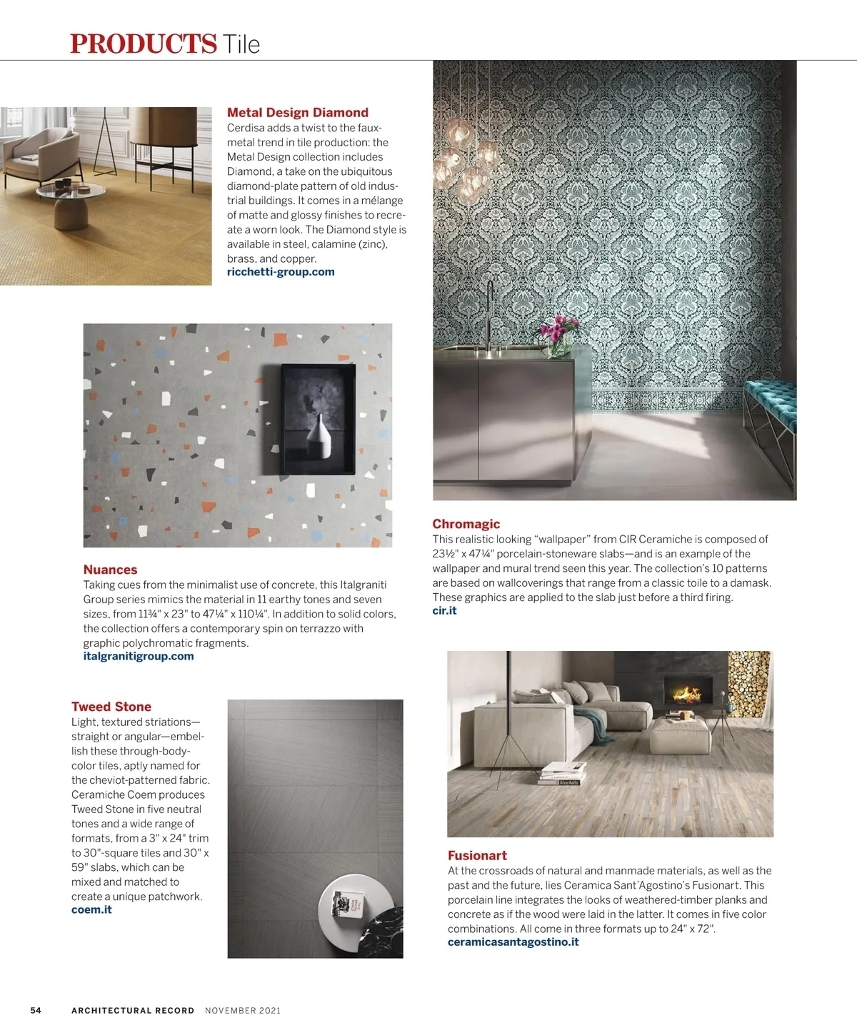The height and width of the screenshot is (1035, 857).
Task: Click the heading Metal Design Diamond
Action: point(297,112)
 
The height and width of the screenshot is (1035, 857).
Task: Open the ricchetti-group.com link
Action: point(281,272)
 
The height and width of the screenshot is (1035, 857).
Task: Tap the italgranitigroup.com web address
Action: point(139,656)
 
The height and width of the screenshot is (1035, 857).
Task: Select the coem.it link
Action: point(91,909)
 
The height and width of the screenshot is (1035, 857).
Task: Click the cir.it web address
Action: point(444,610)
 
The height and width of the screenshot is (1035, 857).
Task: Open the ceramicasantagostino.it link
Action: point(513,941)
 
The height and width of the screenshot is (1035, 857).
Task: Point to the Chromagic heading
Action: point(466,524)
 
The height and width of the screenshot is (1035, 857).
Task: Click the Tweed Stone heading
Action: point(111,707)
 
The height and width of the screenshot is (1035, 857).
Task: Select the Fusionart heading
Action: point(477,855)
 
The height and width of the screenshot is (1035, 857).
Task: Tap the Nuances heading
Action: point(110,570)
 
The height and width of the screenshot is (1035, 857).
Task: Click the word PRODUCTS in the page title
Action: point(143,44)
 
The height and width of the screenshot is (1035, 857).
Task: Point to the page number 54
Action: point(36,1010)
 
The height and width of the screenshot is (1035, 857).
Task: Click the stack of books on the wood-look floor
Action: point(562,773)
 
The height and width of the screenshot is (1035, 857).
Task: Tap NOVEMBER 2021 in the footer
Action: point(243,1010)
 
